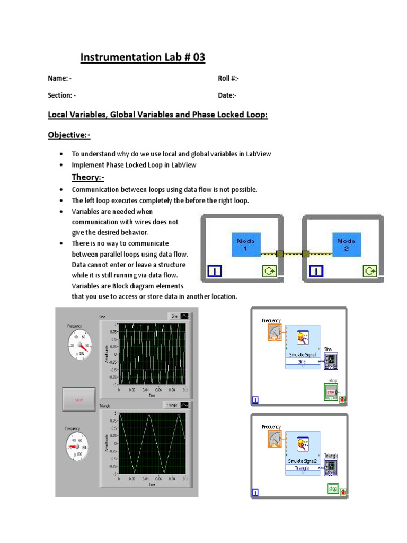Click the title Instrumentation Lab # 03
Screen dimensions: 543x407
point(143,57)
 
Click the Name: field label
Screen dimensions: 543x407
point(58,78)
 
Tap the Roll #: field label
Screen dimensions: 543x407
point(228,78)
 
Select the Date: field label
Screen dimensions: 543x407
point(227,95)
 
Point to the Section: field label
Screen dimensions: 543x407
point(60,95)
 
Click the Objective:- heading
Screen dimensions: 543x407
point(69,135)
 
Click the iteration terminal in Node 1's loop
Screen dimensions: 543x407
point(214,271)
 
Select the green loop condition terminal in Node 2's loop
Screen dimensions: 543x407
point(369,271)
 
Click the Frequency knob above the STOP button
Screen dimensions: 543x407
point(78,346)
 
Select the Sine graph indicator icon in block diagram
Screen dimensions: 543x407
point(330,361)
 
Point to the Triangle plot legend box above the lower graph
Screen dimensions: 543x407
point(176,405)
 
